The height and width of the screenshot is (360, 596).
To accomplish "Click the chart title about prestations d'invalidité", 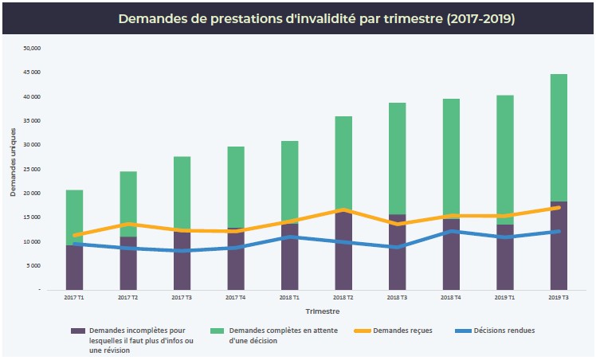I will point(316,18).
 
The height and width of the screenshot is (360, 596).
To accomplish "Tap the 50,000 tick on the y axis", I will point(32,49).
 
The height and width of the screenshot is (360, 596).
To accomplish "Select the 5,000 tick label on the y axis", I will point(33,266).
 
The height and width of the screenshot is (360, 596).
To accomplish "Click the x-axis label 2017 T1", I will point(74,298).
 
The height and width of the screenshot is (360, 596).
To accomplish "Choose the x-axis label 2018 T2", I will point(343,298).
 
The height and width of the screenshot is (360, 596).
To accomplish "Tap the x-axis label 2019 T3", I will point(559,298).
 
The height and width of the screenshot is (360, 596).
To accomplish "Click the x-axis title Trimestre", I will point(316,311).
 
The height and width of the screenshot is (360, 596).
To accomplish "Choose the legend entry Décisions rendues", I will point(504,330).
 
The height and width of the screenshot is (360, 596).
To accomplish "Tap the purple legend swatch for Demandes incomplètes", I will point(78,330).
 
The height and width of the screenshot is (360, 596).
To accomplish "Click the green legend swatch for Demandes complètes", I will point(214,330).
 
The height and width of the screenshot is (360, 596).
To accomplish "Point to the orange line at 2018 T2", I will point(343,209).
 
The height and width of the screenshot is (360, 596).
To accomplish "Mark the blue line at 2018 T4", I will point(451,232).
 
